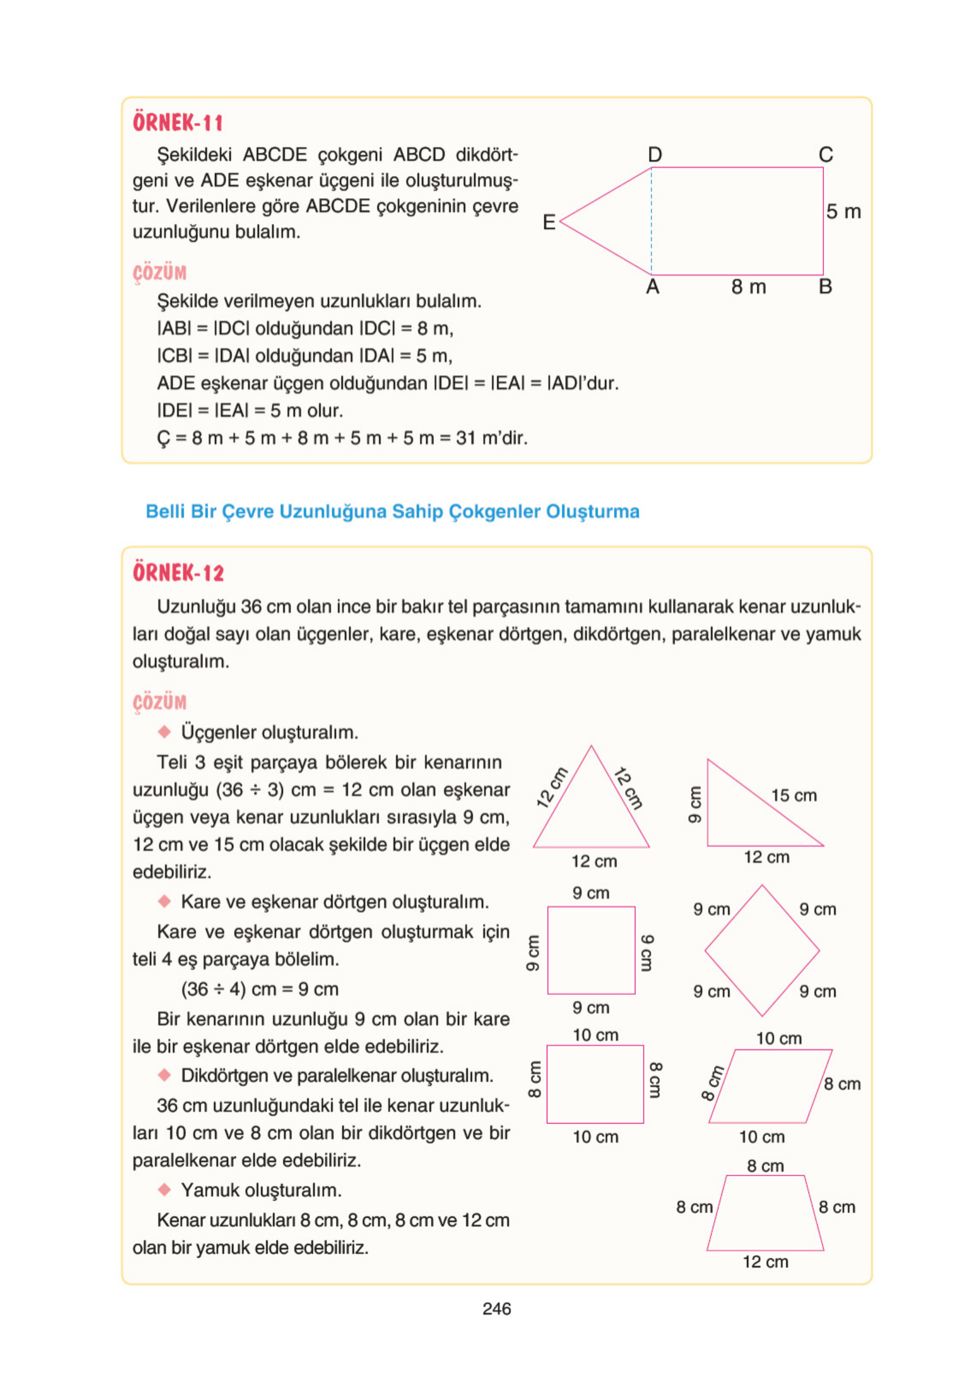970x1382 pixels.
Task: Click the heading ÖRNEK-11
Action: [x=177, y=123]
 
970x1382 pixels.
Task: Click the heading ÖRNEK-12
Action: [x=178, y=572]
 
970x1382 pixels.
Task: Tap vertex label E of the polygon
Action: [x=549, y=223]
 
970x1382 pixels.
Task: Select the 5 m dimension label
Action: [x=843, y=212]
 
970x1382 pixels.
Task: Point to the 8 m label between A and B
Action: [x=748, y=288]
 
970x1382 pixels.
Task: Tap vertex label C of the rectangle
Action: [x=826, y=155]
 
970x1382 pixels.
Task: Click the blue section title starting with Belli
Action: [x=392, y=511]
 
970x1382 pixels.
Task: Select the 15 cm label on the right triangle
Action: [x=794, y=796]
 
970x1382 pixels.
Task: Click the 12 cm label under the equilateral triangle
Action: [x=594, y=862]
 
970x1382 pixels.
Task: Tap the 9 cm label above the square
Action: [x=591, y=893]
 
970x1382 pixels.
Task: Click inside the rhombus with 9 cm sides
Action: [x=762, y=951]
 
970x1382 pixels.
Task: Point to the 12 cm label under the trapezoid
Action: [x=765, y=1262]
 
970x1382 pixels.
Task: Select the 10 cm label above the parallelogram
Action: [x=778, y=1039]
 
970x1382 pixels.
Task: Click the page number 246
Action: [x=497, y=1309]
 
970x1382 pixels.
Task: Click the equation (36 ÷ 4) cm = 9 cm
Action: [x=259, y=990]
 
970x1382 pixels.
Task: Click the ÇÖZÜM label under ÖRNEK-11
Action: [x=160, y=273]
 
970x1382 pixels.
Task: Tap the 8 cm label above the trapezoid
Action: [x=765, y=1166]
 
